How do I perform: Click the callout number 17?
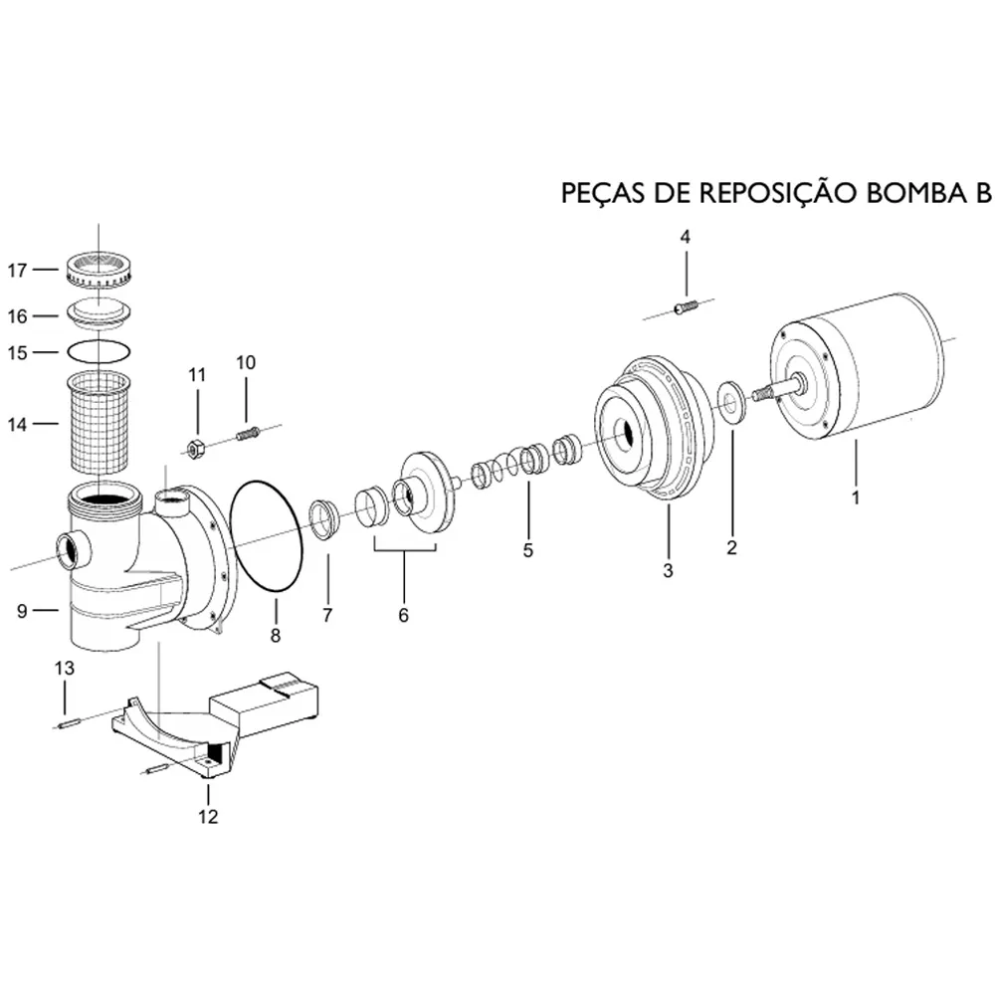[x=17, y=271]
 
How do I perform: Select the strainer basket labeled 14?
[x=99, y=422]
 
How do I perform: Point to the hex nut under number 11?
[x=195, y=449]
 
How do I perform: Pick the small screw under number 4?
[x=685, y=307]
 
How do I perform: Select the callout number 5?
[x=528, y=550]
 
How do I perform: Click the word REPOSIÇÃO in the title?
[x=778, y=193]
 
